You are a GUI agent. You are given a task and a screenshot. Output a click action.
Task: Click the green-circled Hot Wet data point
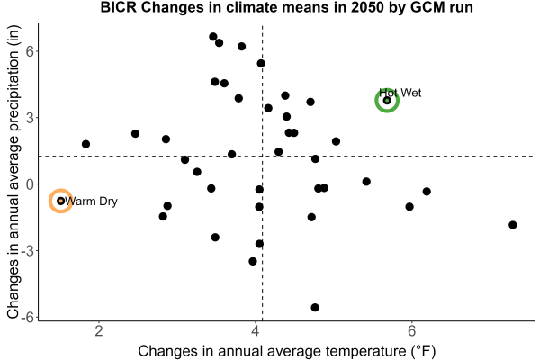coord(387,100)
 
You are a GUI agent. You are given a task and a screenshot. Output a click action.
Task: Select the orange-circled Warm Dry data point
coord(61,201)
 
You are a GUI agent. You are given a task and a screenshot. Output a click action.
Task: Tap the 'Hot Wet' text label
coord(400,93)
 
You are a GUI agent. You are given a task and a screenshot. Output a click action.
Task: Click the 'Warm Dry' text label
coord(91,202)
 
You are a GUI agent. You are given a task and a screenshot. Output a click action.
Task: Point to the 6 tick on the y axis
coord(30,51)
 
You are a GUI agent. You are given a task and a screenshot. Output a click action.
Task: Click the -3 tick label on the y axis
coord(27,251)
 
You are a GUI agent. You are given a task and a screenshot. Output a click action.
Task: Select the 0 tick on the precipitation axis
coord(30,184)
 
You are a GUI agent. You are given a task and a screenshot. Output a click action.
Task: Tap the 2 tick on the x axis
coord(99,331)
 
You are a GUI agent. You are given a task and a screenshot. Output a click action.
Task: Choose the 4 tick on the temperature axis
coord(256,331)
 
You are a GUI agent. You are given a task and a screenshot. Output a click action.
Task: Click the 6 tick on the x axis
coord(411,331)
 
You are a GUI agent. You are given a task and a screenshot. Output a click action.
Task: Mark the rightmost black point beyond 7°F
coord(513,225)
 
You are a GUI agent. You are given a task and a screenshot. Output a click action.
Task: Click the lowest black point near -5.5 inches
coord(315,307)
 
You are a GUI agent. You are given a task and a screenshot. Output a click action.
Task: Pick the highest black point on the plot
coord(213,37)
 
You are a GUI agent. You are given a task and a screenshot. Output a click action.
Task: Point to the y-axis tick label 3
coord(30,118)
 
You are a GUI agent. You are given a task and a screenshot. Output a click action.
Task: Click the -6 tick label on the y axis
coord(27,318)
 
